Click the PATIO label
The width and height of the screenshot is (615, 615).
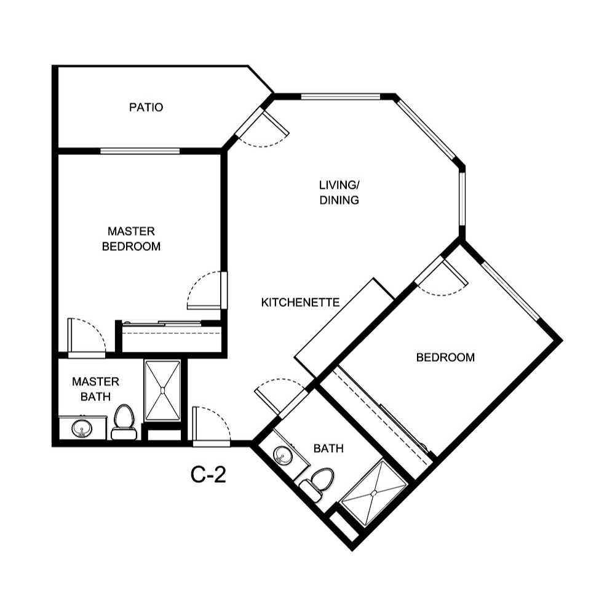pyautogui.click(x=146, y=108)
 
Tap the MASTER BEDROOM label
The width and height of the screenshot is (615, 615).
pyautogui.click(x=131, y=239)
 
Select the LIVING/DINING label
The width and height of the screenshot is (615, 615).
pyautogui.click(x=339, y=192)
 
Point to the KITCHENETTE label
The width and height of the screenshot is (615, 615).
pyautogui.click(x=301, y=302)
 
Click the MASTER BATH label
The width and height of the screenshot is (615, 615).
pyautogui.click(x=95, y=389)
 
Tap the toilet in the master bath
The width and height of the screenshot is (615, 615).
pyautogui.click(x=124, y=422)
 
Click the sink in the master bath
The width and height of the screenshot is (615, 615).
pyautogui.click(x=81, y=428)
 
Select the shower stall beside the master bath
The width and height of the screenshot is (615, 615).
pyautogui.click(x=162, y=390)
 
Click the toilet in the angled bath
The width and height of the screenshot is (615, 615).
pyautogui.click(x=319, y=483)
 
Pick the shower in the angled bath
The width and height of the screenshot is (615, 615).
pyautogui.click(x=375, y=493)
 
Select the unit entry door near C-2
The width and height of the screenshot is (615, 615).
pyautogui.click(x=211, y=426)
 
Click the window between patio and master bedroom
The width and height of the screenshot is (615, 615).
pyautogui.click(x=140, y=151)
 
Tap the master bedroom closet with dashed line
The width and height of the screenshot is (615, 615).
pyautogui.click(x=171, y=336)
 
